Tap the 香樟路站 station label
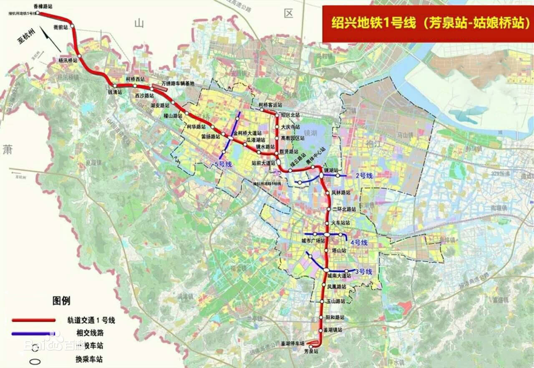43,6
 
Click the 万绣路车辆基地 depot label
177,84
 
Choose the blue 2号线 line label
364,176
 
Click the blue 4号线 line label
359,242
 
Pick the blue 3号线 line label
363,272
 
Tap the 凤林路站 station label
340,193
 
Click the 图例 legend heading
61,300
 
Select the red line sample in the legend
34,320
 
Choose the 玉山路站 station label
336,301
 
